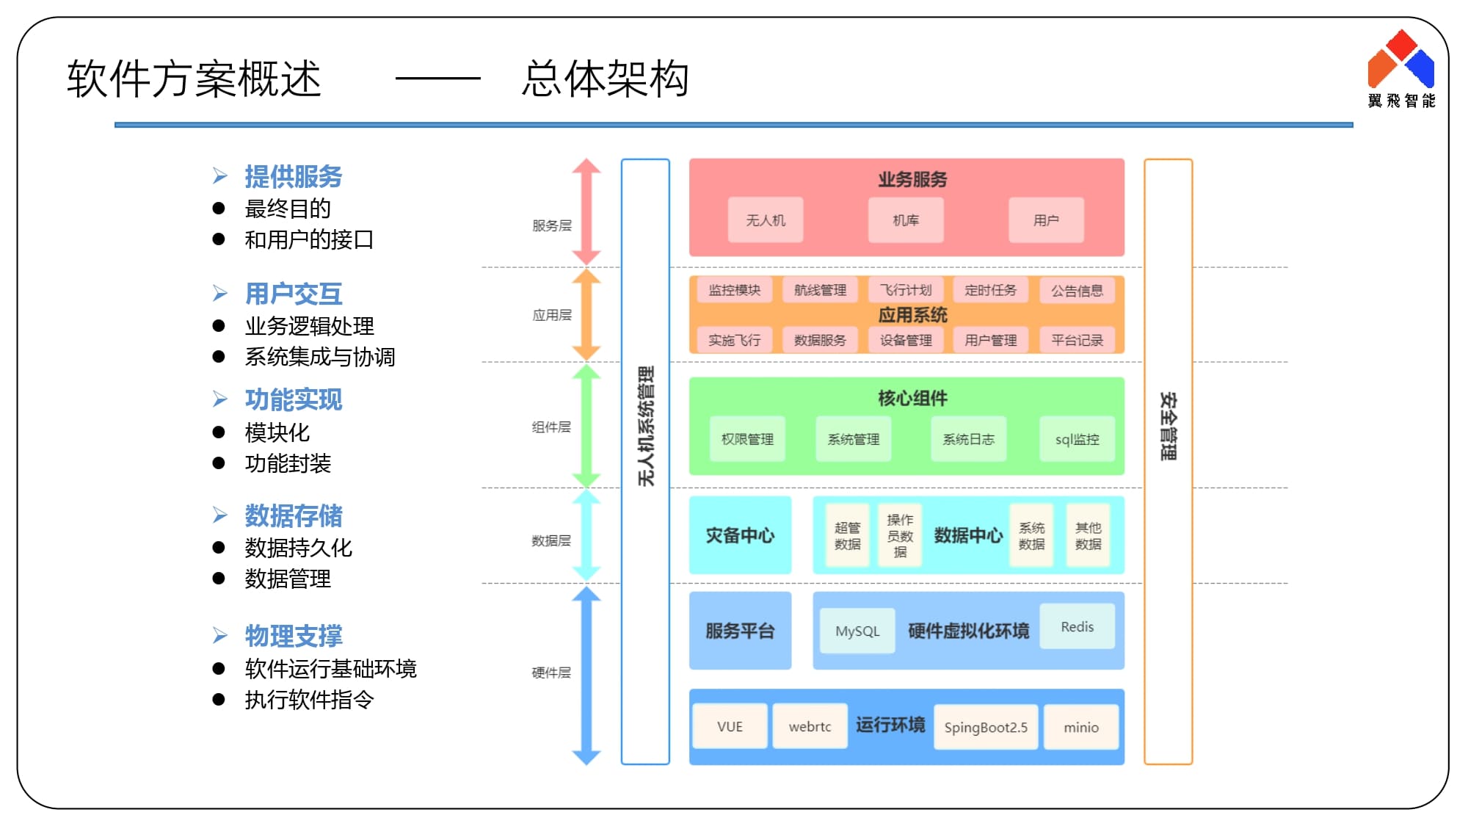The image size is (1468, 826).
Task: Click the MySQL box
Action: click(x=857, y=631)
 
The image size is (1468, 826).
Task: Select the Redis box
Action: click(x=1077, y=626)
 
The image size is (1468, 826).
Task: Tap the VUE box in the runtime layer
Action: click(x=730, y=726)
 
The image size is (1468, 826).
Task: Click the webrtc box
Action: click(x=810, y=726)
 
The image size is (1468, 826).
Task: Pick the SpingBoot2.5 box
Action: click(x=985, y=727)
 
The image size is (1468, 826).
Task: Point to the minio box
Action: click(x=1080, y=727)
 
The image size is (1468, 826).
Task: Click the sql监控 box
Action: click(x=1077, y=439)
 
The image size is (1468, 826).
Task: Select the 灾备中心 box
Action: click(x=740, y=535)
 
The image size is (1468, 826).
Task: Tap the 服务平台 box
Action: click(x=740, y=631)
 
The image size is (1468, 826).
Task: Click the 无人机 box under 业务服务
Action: click(x=765, y=220)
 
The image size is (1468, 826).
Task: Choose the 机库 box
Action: click(x=905, y=220)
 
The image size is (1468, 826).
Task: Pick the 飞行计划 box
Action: click(x=905, y=290)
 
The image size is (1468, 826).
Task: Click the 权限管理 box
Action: click(x=747, y=439)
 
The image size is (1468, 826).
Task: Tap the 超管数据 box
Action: click(x=847, y=535)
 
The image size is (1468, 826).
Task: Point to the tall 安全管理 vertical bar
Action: click(x=1168, y=461)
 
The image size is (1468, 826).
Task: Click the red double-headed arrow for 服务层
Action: click(x=586, y=211)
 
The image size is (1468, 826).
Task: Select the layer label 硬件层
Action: click(x=551, y=673)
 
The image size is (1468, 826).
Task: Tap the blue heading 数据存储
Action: click(x=293, y=515)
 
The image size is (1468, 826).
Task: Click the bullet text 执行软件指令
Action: click(x=309, y=700)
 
